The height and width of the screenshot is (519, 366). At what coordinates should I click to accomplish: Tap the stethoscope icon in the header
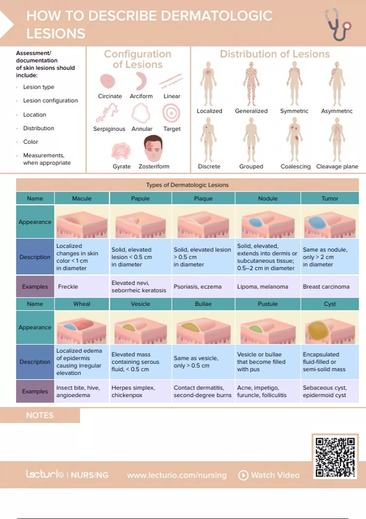tap(337, 24)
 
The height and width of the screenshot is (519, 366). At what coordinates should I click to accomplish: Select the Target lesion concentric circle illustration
tap(171, 113)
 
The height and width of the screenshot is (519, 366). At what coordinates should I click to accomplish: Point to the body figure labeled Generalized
tap(251, 83)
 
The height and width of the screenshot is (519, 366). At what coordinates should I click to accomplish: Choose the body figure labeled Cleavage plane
tap(337, 140)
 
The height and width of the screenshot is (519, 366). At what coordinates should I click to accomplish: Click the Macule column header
tap(81, 198)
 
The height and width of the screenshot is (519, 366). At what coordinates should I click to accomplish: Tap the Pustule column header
tap(267, 304)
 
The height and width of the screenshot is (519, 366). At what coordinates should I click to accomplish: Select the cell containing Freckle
tap(81, 286)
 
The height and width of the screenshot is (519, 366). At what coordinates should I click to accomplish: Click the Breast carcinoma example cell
tap(329, 286)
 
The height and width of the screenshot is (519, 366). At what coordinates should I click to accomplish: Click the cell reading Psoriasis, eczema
tap(203, 286)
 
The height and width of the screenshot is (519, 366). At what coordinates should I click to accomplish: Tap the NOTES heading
tap(40, 415)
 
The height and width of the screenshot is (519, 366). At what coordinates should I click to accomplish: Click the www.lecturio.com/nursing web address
tap(177, 475)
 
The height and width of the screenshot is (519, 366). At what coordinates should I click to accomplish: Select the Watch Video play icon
tap(243, 475)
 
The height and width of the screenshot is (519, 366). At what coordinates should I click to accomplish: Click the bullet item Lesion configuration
tap(50, 100)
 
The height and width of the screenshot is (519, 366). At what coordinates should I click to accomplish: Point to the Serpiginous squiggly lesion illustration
tap(107, 112)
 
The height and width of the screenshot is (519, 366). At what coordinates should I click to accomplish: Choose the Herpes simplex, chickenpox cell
tap(140, 391)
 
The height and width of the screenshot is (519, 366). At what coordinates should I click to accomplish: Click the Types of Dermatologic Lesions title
tap(187, 185)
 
